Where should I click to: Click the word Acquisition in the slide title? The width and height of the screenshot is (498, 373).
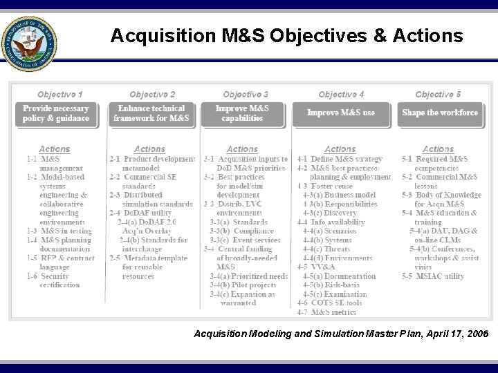pyautogui.click(x=154, y=35)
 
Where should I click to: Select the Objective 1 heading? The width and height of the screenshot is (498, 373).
pyautogui.click(x=60, y=94)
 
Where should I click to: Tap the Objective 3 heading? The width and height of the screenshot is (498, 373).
pyautogui.click(x=246, y=94)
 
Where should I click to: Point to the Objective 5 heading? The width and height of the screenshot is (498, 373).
pyautogui.click(x=438, y=94)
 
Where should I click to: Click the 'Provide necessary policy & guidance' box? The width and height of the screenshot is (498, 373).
pyautogui.click(x=56, y=113)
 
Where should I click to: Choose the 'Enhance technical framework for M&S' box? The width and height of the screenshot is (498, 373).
pyautogui.click(x=151, y=113)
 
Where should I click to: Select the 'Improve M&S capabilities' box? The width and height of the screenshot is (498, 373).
pyautogui.click(x=242, y=113)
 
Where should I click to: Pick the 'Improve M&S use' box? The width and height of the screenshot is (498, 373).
pyautogui.click(x=341, y=113)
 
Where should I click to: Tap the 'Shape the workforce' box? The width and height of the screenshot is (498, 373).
pyautogui.click(x=440, y=113)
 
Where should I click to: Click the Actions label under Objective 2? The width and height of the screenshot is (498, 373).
pyautogui.click(x=149, y=149)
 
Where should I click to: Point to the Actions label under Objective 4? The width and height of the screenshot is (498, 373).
pyautogui.click(x=340, y=149)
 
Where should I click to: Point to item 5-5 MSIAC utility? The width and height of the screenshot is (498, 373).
pyautogui.click(x=434, y=276)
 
